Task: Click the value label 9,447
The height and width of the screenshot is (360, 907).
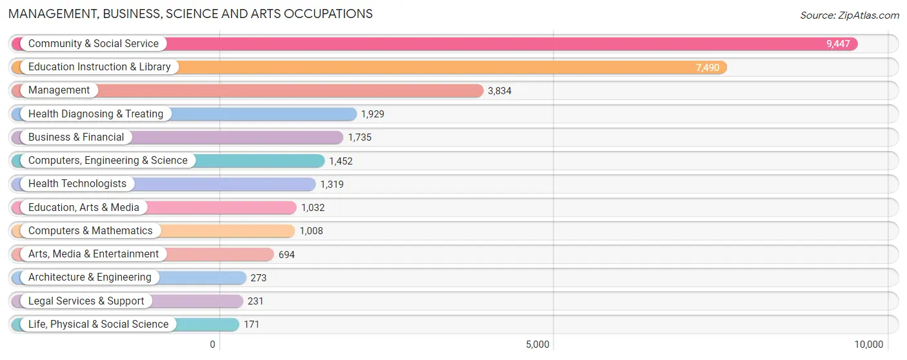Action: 838,44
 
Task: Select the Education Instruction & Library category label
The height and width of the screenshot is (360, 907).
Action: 99,67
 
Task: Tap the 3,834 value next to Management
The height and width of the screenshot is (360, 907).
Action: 500,91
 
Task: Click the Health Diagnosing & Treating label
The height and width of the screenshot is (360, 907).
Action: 95,114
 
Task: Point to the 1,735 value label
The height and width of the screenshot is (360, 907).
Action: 359,137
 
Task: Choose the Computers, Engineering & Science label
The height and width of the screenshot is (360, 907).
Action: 108,161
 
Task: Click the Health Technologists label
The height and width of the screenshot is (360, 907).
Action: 77,184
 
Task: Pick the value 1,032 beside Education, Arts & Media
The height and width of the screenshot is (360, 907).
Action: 313,208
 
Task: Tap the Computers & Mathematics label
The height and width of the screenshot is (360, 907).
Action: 90,230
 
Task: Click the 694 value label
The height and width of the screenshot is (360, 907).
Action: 286,255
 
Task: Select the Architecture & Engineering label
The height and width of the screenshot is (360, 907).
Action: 90,277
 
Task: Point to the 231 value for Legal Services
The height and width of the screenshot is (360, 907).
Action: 255,301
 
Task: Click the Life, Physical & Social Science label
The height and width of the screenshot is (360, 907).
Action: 99,324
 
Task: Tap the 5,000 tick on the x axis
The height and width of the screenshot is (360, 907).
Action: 538,345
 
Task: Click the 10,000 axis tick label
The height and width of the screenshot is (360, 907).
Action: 869,345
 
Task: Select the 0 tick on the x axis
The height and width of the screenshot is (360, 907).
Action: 213,345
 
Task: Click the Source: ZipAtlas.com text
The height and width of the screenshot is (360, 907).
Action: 850,15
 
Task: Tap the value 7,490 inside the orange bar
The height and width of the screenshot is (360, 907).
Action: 708,68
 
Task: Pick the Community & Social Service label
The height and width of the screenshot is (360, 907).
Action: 94,43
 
